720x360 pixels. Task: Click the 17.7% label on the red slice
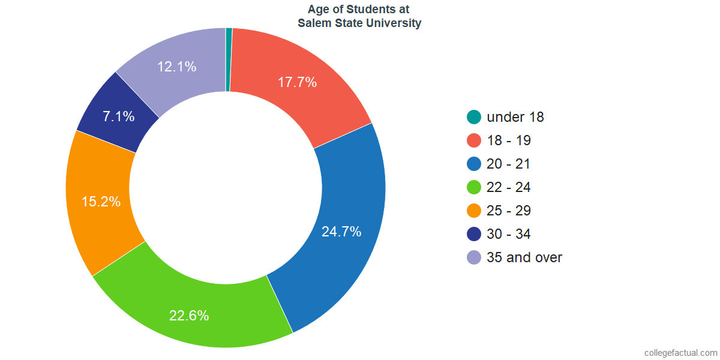[x=297, y=83]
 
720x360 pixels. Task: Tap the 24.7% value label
[x=341, y=232]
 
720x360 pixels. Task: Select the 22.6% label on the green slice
[x=189, y=316]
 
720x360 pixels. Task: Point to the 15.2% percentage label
[x=101, y=202]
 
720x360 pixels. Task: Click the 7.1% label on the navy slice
[x=118, y=116]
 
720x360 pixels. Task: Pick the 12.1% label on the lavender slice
[x=176, y=67]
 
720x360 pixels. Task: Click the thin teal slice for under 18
[x=229, y=59]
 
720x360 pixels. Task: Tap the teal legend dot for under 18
[x=474, y=117]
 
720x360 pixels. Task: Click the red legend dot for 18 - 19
[x=474, y=140]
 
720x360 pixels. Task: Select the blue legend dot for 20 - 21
[x=474, y=164]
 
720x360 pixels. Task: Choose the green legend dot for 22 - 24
[x=474, y=187]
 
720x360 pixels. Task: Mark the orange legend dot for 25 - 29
[x=474, y=211]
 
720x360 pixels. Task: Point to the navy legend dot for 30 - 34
[x=474, y=234]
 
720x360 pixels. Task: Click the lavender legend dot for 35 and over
[x=474, y=257]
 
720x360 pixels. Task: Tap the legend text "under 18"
[x=515, y=117]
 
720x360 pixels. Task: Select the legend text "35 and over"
[x=524, y=257]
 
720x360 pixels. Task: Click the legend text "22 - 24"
[x=509, y=187]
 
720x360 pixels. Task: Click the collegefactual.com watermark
[x=680, y=352]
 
